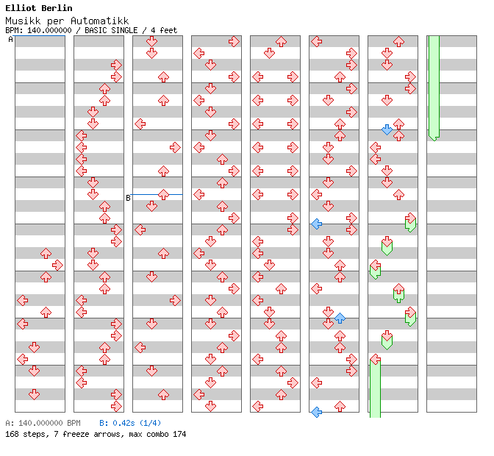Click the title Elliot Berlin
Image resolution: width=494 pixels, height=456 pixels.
38,8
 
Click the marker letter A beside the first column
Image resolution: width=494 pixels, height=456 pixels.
10,40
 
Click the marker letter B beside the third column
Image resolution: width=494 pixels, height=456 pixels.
128,197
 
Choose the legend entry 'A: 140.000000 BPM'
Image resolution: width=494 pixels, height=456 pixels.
43,424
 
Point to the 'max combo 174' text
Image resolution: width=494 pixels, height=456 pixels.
157,434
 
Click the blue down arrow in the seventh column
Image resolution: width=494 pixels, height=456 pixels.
387,129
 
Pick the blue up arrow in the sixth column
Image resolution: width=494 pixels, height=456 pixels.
340,318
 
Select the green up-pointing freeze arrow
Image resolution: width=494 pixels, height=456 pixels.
398,293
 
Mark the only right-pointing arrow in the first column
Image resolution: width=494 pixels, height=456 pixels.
57,265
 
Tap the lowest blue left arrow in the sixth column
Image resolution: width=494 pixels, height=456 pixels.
316,412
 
